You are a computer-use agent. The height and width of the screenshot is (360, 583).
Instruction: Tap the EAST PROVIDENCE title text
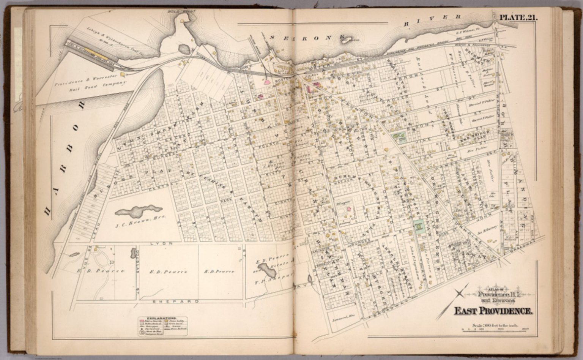[x=493, y=311]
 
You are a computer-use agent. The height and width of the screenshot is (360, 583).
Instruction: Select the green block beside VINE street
[x=399, y=137]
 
